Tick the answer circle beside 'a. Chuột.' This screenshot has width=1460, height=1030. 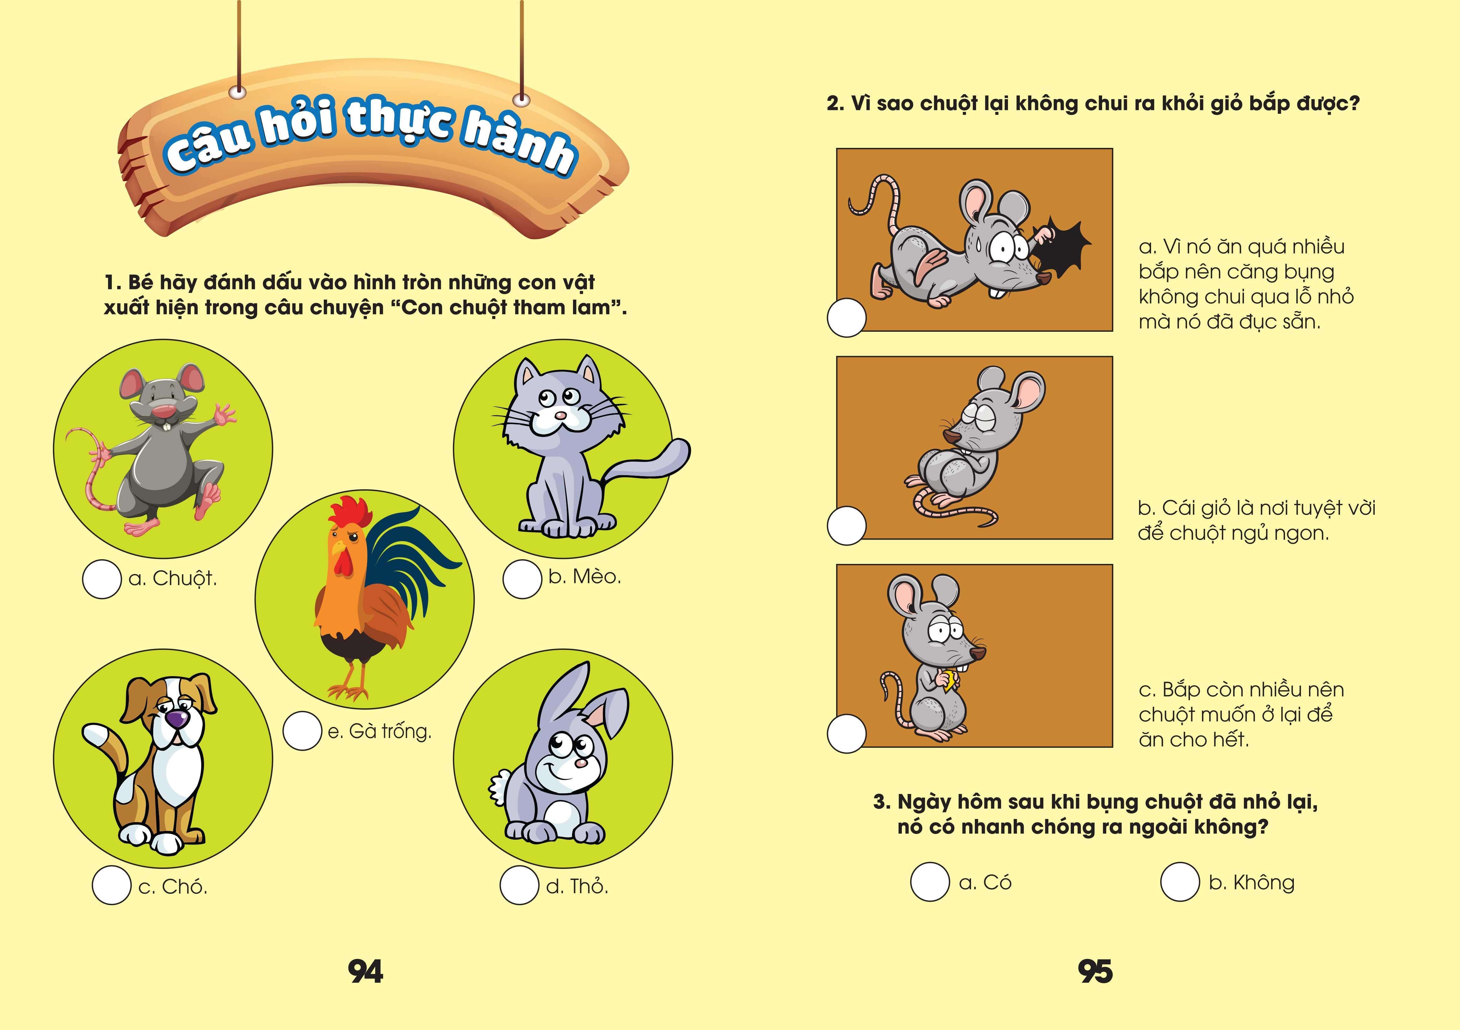pos(102,579)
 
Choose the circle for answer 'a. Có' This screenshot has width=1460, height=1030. pos(930,882)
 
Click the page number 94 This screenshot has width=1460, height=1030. pos(366,972)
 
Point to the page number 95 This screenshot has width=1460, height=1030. pos(1095,972)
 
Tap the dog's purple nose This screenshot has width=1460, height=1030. pos(178,719)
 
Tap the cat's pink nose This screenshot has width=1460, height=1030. pos(559,415)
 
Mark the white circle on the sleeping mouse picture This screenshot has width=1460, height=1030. pos(846,525)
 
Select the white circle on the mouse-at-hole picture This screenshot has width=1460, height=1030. pos(846,318)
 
